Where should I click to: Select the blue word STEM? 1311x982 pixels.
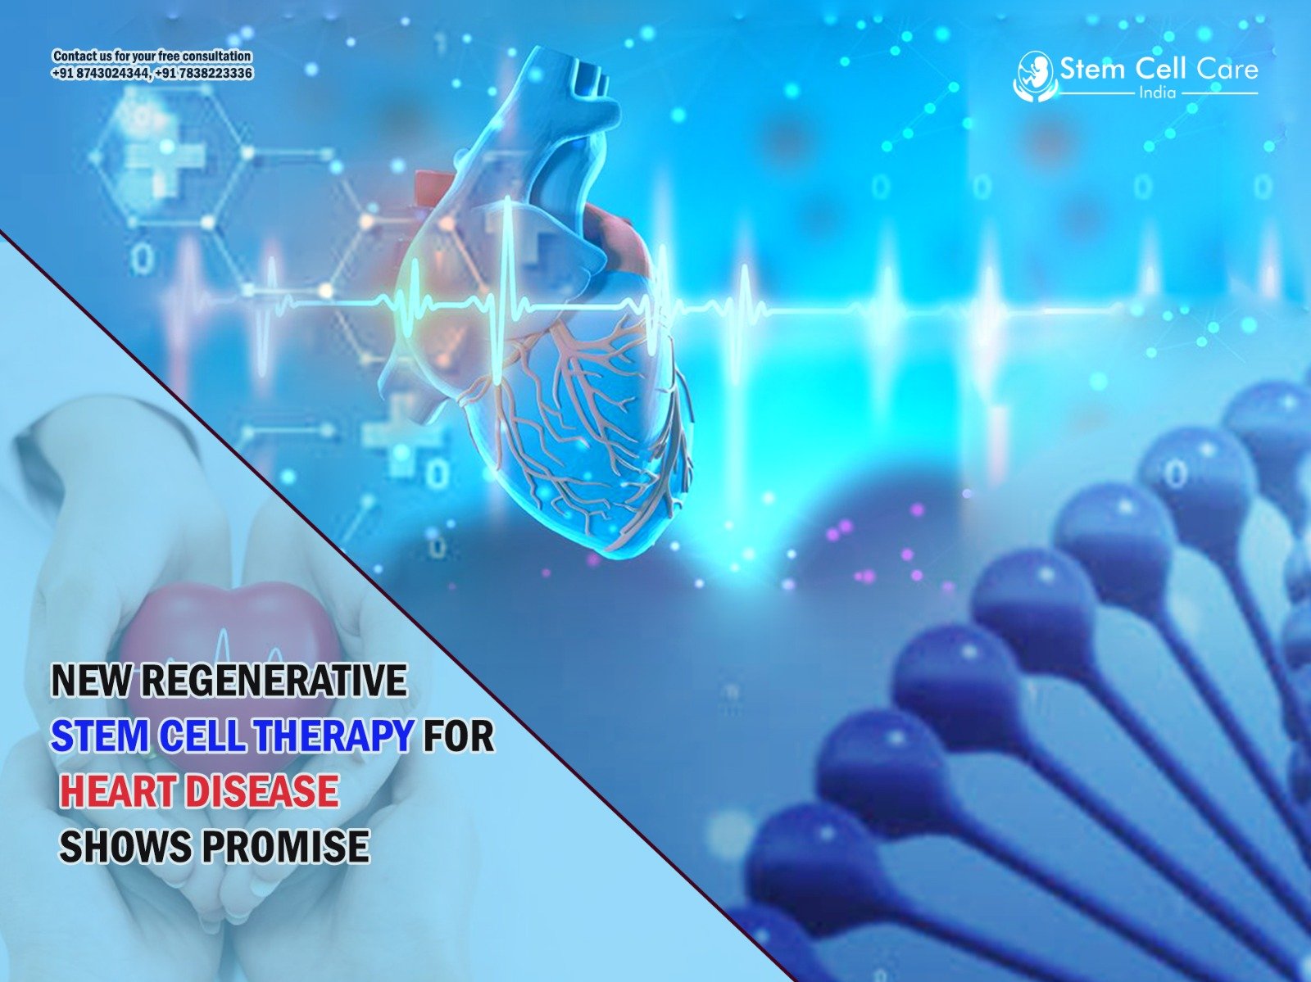[98, 736]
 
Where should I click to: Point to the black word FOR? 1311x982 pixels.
[458, 736]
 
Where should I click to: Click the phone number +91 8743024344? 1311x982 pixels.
[99, 74]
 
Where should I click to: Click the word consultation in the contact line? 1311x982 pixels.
[216, 57]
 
